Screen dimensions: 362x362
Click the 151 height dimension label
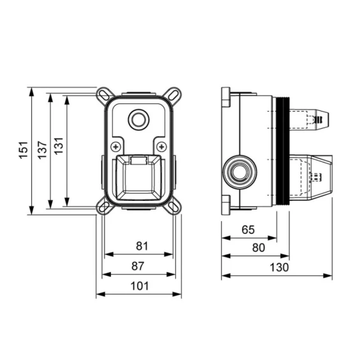(x=24, y=150)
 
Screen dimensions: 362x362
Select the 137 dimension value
(x=43, y=150)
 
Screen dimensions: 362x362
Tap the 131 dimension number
(x=59, y=146)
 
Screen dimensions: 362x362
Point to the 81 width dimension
(x=141, y=246)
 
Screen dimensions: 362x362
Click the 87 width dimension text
(x=138, y=266)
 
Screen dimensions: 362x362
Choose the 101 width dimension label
(x=140, y=286)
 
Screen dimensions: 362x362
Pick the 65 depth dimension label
(x=248, y=229)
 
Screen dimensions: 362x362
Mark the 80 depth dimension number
(x=259, y=248)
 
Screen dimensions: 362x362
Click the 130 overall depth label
(x=279, y=267)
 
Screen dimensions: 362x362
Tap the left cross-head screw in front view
(x=116, y=147)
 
